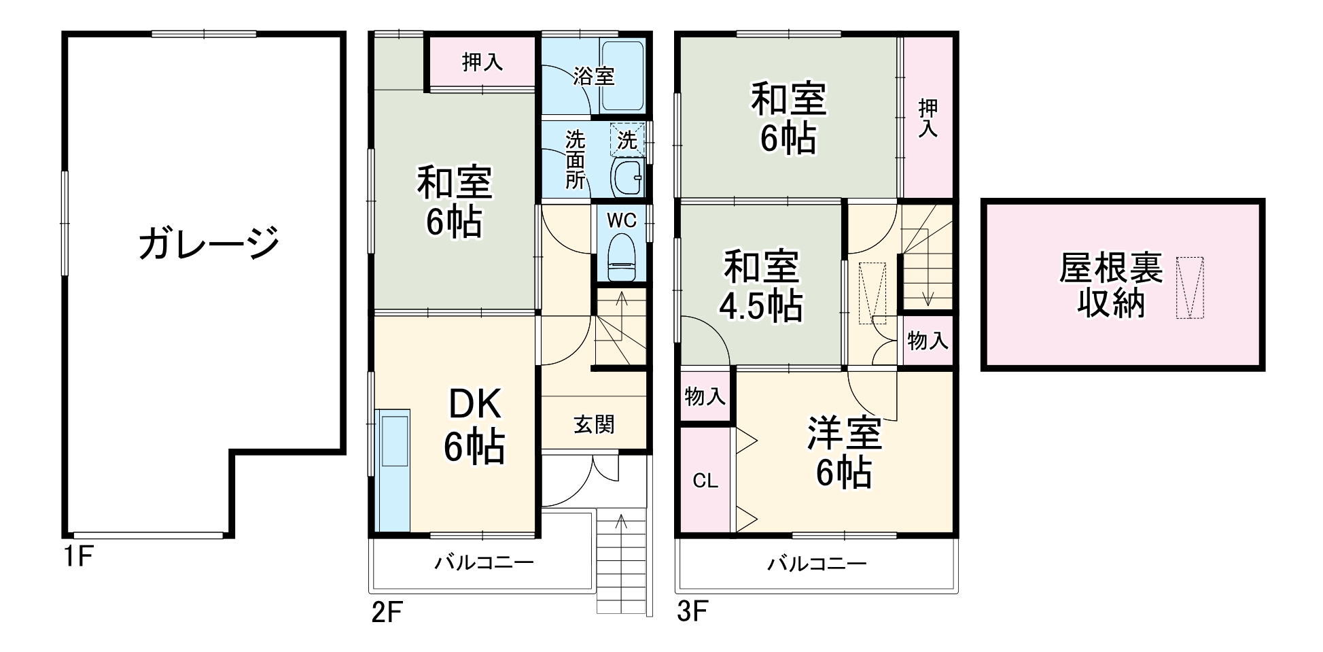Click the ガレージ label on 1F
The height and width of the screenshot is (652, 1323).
[x=209, y=243]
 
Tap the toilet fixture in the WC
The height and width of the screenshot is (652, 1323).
[x=621, y=258]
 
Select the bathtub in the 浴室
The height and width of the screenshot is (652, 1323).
[x=622, y=76]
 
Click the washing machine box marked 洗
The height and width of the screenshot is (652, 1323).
[x=628, y=140]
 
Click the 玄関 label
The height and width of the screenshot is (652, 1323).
[x=594, y=425]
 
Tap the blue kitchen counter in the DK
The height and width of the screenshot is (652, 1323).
[x=393, y=469]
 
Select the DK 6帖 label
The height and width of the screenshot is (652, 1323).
[x=474, y=426]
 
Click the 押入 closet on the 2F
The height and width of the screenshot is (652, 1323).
[x=482, y=63]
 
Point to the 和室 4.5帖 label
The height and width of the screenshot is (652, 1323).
[x=761, y=286]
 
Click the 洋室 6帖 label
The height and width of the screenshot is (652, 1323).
[x=844, y=452]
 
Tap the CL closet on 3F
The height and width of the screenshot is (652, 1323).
[x=705, y=481]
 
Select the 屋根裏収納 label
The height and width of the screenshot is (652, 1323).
[x=1110, y=286]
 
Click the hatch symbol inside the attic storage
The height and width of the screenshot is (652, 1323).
[x=1189, y=287]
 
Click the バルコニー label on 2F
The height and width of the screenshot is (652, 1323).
[x=484, y=563]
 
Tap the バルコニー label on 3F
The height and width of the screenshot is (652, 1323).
[x=817, y=564]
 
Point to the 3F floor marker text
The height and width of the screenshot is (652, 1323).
[x=692, y=613]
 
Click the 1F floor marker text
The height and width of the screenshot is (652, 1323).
[x=77, y=557]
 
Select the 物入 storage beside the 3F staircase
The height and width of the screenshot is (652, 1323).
[x=928, y=341]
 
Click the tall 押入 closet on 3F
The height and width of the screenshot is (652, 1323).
[x=928, y=117]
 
